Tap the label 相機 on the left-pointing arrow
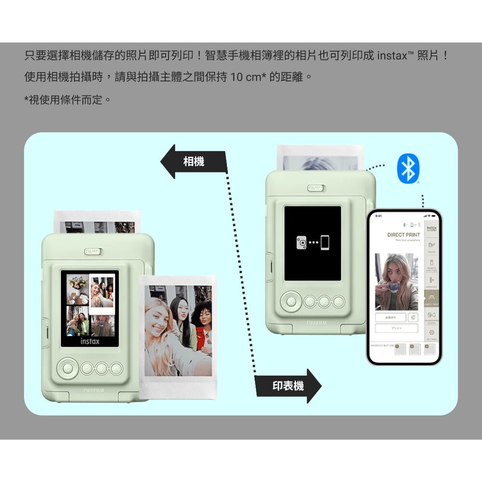pyautogui.click(x=194, y=162)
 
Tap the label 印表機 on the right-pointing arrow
pyautogui.click(x=288, y=386)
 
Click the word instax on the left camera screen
pyautogui.click(x=90, y=341)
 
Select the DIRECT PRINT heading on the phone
pyautogui.click(x=403, y=235)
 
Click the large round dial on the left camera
pyautogui.click(x=67, y=369)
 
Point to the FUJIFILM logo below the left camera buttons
pyautogui.click(x=94, y=389)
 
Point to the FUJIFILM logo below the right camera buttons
pyautogui.click(x=317, y=321)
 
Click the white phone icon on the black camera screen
pyautogui.click(x=325, y=242)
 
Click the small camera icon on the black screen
pyautogui.click(x=301, y=242)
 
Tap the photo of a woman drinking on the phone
pyautogui.click(x=396, y=282)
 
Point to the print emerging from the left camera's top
pyautogui.click(x=97, y=222)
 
